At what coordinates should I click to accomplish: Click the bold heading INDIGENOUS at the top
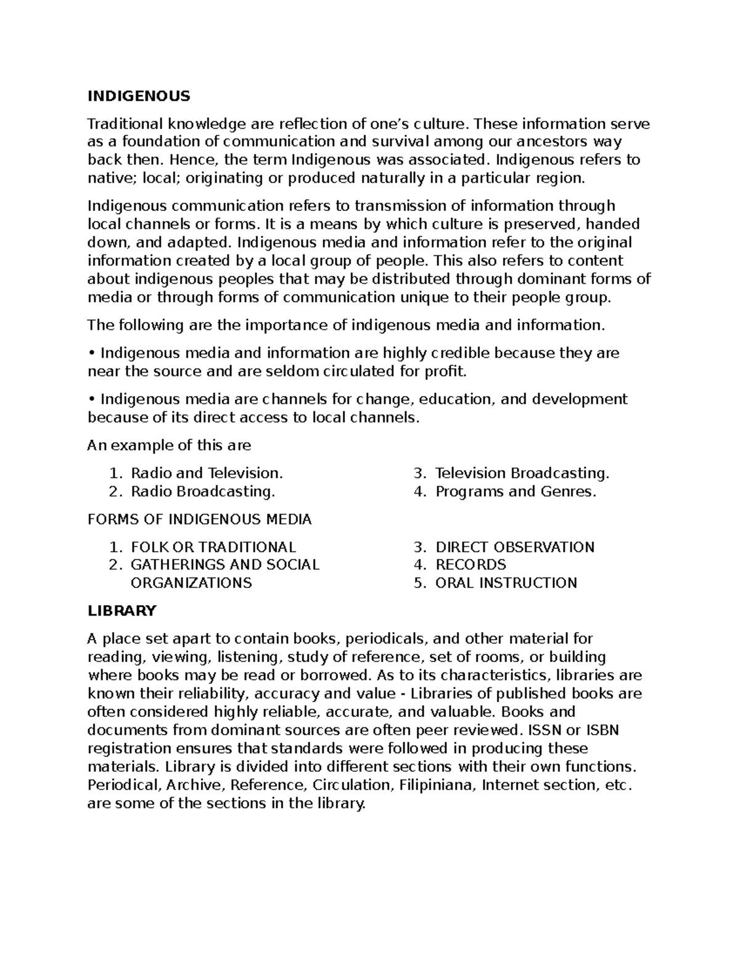(x=139, y=96)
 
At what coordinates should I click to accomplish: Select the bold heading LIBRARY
(x=122, y=611)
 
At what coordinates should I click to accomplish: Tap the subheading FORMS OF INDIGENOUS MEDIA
(x=200, y=519)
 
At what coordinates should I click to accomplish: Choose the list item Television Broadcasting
(x=522, y=473)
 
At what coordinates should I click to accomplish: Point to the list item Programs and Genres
(x=516, y=492)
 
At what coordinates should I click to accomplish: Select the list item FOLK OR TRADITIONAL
(x=213, y=547)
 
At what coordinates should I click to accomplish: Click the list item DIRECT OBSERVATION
(x=514, y=547)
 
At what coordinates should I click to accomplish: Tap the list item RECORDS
(x=471, y=564)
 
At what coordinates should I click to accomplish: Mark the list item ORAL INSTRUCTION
(x=506, y=583)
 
